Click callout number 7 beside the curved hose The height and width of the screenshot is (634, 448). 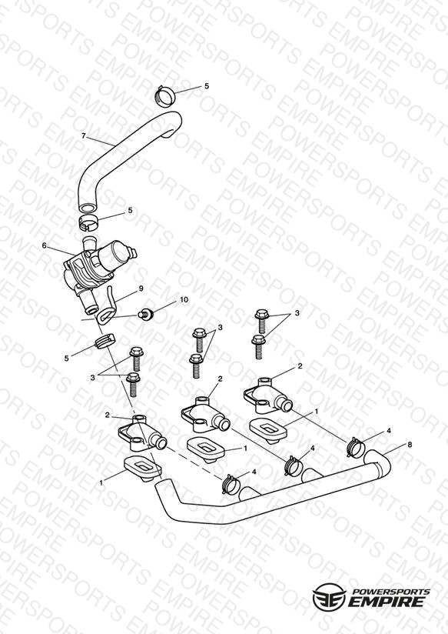coord(84,136)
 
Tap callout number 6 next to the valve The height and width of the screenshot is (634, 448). coord(45,245)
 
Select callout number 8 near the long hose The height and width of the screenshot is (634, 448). coord(410,445)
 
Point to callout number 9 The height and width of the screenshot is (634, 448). coord(141,289)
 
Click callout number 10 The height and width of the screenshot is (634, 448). coord(184,300)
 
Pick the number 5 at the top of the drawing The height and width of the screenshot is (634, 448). coord(207,86)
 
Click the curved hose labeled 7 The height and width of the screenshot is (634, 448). coord(128,159)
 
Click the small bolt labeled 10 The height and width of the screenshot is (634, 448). coord(145,314)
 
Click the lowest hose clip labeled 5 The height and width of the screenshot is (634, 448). coord(105,341)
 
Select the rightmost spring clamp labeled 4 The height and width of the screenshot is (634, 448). coord(357,446)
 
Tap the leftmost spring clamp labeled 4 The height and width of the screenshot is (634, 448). coord(232,482)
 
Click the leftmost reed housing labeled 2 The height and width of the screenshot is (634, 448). coord(141,435)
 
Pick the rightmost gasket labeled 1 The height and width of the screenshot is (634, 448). coord(269,429)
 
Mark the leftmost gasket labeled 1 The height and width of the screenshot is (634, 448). coord(144,469)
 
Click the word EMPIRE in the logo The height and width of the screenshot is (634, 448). coord(387,601)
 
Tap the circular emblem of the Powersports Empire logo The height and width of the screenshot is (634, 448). coord(330,596)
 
